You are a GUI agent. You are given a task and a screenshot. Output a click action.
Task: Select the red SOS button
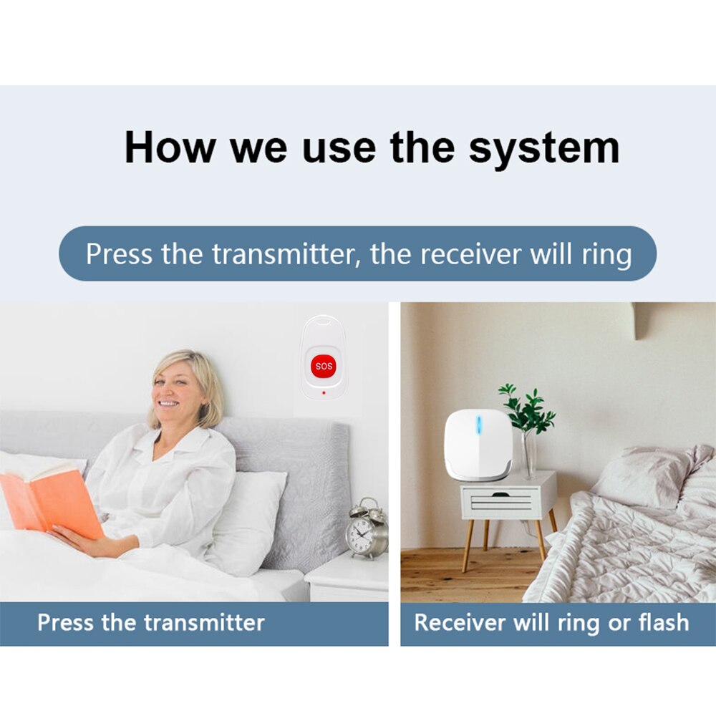324,367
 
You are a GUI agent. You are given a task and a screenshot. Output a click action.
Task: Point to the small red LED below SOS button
324,392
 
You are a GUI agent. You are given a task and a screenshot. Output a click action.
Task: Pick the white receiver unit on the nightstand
478,445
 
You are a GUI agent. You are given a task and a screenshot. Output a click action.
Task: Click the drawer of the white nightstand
501,502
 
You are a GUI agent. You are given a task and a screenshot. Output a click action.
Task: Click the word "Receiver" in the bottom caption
460,622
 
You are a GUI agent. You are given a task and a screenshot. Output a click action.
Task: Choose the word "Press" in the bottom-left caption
66,622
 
